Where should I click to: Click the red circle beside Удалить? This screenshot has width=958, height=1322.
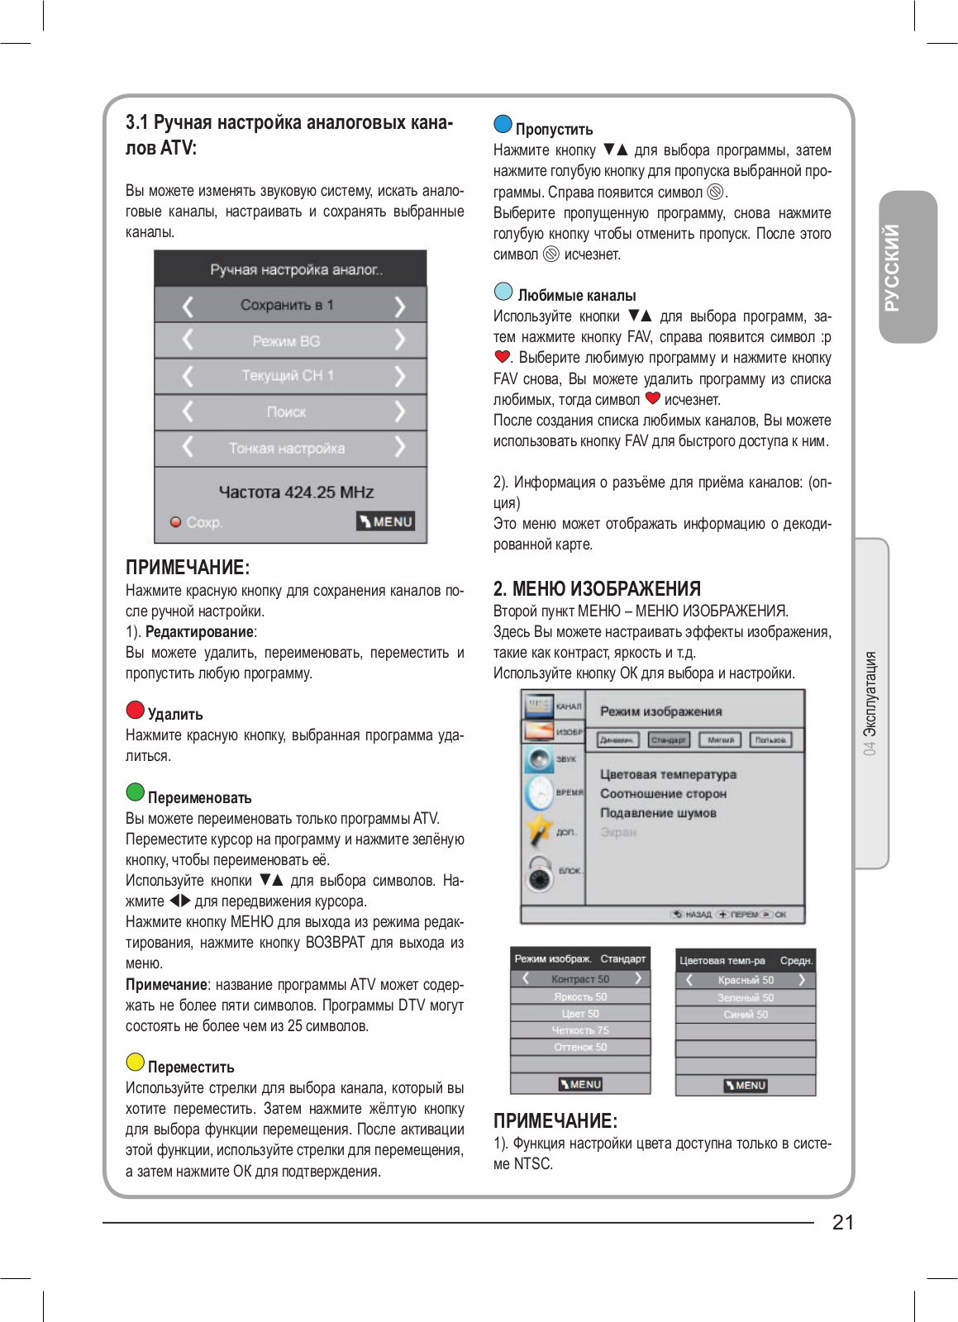136,710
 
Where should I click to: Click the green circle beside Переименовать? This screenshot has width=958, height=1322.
136,792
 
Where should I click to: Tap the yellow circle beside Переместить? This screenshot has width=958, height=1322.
136,1062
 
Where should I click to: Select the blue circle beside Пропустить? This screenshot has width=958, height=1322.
503,124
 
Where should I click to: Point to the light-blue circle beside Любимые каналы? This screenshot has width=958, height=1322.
503,291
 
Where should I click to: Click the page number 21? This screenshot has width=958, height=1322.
843,1222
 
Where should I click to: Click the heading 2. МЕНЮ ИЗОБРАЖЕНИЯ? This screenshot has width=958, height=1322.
597,588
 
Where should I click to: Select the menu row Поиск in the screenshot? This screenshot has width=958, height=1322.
287,411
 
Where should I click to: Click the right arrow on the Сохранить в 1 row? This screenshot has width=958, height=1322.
400,306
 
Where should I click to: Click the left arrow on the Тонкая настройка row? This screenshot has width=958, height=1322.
188,447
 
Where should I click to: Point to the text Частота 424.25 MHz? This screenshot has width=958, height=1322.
296,492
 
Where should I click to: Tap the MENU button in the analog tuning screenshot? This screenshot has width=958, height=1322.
386,521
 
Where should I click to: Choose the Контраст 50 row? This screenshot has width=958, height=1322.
580,979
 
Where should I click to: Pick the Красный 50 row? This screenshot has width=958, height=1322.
746,980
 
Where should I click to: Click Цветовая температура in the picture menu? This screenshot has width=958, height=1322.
668,774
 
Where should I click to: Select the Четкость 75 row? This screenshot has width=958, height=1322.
580,1030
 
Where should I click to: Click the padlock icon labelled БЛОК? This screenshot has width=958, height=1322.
540,873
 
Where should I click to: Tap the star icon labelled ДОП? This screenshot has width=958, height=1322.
540,830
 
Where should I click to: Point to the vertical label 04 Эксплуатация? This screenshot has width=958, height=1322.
870,702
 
